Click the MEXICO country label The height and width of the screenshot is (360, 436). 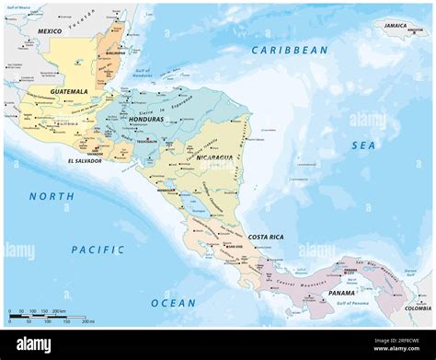pos(50,31)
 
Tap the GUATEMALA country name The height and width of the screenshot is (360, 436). pos(70,91)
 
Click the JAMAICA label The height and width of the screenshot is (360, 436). pos(396,26)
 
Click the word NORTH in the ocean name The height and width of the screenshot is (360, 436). pos(52,196)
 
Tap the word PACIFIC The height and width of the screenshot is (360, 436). pos(98,249)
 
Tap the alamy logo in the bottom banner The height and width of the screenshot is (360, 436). pos(34,344)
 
